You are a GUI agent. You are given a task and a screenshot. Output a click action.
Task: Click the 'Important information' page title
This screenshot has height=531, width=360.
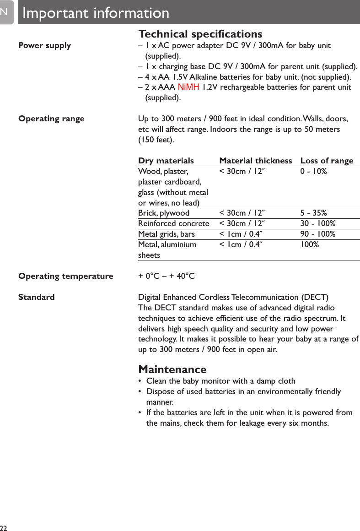pos(96,13)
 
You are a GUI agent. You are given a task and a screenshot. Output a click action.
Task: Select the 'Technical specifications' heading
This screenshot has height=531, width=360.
pos(200,34)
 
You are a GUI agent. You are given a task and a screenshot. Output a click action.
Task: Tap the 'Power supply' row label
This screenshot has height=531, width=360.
pos(44,45)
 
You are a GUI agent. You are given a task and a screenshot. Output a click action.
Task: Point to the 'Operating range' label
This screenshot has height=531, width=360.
pos(51,119)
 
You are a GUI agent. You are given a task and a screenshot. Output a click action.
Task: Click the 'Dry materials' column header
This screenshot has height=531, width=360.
pos(166,161)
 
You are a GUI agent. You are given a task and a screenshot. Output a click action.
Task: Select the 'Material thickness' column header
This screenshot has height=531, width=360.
pos(255,161)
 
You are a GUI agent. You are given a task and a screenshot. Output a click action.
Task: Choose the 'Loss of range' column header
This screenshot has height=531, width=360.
pos(327,161)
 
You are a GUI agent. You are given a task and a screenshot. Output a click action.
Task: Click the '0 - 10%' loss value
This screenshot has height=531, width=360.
pos(313,171)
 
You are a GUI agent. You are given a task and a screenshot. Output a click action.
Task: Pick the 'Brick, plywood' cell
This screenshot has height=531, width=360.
pos(163,213)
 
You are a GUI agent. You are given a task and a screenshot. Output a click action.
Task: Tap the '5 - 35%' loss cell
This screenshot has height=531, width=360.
pos(313,213)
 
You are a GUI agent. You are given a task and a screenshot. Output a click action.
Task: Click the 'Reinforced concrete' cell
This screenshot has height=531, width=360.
pos(173,223)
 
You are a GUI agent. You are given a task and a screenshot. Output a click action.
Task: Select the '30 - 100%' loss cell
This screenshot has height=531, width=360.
pos(317,223)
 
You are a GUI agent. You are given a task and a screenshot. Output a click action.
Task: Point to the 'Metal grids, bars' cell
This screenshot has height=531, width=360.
pos(166,234)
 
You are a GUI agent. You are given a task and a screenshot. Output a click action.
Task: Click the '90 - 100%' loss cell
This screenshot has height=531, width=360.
pos(317,234)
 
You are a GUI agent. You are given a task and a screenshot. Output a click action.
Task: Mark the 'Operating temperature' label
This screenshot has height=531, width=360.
pos(65,276)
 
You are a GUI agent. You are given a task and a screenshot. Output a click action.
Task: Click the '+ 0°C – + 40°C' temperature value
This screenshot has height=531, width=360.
pos(166,276)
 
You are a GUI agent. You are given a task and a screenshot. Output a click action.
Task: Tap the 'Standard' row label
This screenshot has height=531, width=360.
pos(36,297)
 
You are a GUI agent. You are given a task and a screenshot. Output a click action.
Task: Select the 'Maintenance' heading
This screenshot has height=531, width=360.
pos(172,369)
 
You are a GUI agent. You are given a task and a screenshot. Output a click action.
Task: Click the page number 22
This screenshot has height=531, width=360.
pos(4,527)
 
